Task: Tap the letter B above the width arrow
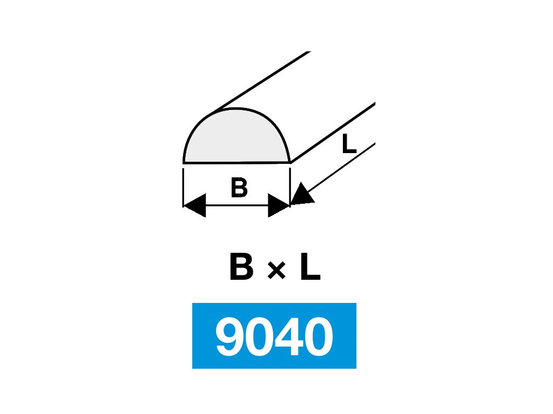pos(239,188)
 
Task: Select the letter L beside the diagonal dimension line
pos(349,144)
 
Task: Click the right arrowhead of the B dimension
pos(279,205)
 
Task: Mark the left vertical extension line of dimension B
pos(184,187)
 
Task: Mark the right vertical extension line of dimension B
pos(290,183)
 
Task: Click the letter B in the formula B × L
pos(241,268)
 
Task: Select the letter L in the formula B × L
pos(310,268)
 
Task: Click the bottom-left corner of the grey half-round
pos(184,162)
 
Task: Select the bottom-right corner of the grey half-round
pos(290,162)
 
